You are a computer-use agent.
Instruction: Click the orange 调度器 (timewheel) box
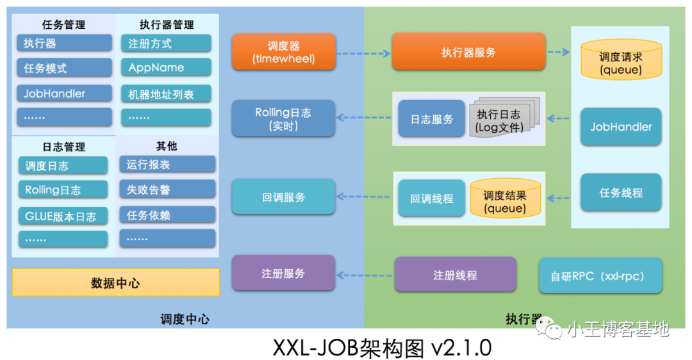point(283,52)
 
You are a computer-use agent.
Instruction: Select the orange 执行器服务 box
point(468,52)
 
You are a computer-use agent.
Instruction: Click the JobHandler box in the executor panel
point(620,127)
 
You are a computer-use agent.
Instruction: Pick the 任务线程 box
point(620,192)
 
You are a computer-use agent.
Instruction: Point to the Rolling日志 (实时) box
point(283,119)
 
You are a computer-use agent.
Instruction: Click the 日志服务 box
point(431,119)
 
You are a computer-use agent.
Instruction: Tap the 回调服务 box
point(283,197)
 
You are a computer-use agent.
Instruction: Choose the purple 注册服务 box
point(283,274)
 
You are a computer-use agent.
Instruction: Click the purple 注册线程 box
point(455,275)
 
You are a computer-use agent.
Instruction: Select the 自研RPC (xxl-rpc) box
point(600,276)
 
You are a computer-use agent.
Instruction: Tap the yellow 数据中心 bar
point(115,282)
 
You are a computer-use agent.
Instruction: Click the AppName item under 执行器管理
point(165,68)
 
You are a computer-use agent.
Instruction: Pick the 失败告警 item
point(167,190)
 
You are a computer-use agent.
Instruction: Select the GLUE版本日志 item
point(63,216)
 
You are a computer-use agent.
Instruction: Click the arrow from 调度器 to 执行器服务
point(363,53)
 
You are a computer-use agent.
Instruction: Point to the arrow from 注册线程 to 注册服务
point(365,275)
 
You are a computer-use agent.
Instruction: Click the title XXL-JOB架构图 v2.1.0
point(382,347)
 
